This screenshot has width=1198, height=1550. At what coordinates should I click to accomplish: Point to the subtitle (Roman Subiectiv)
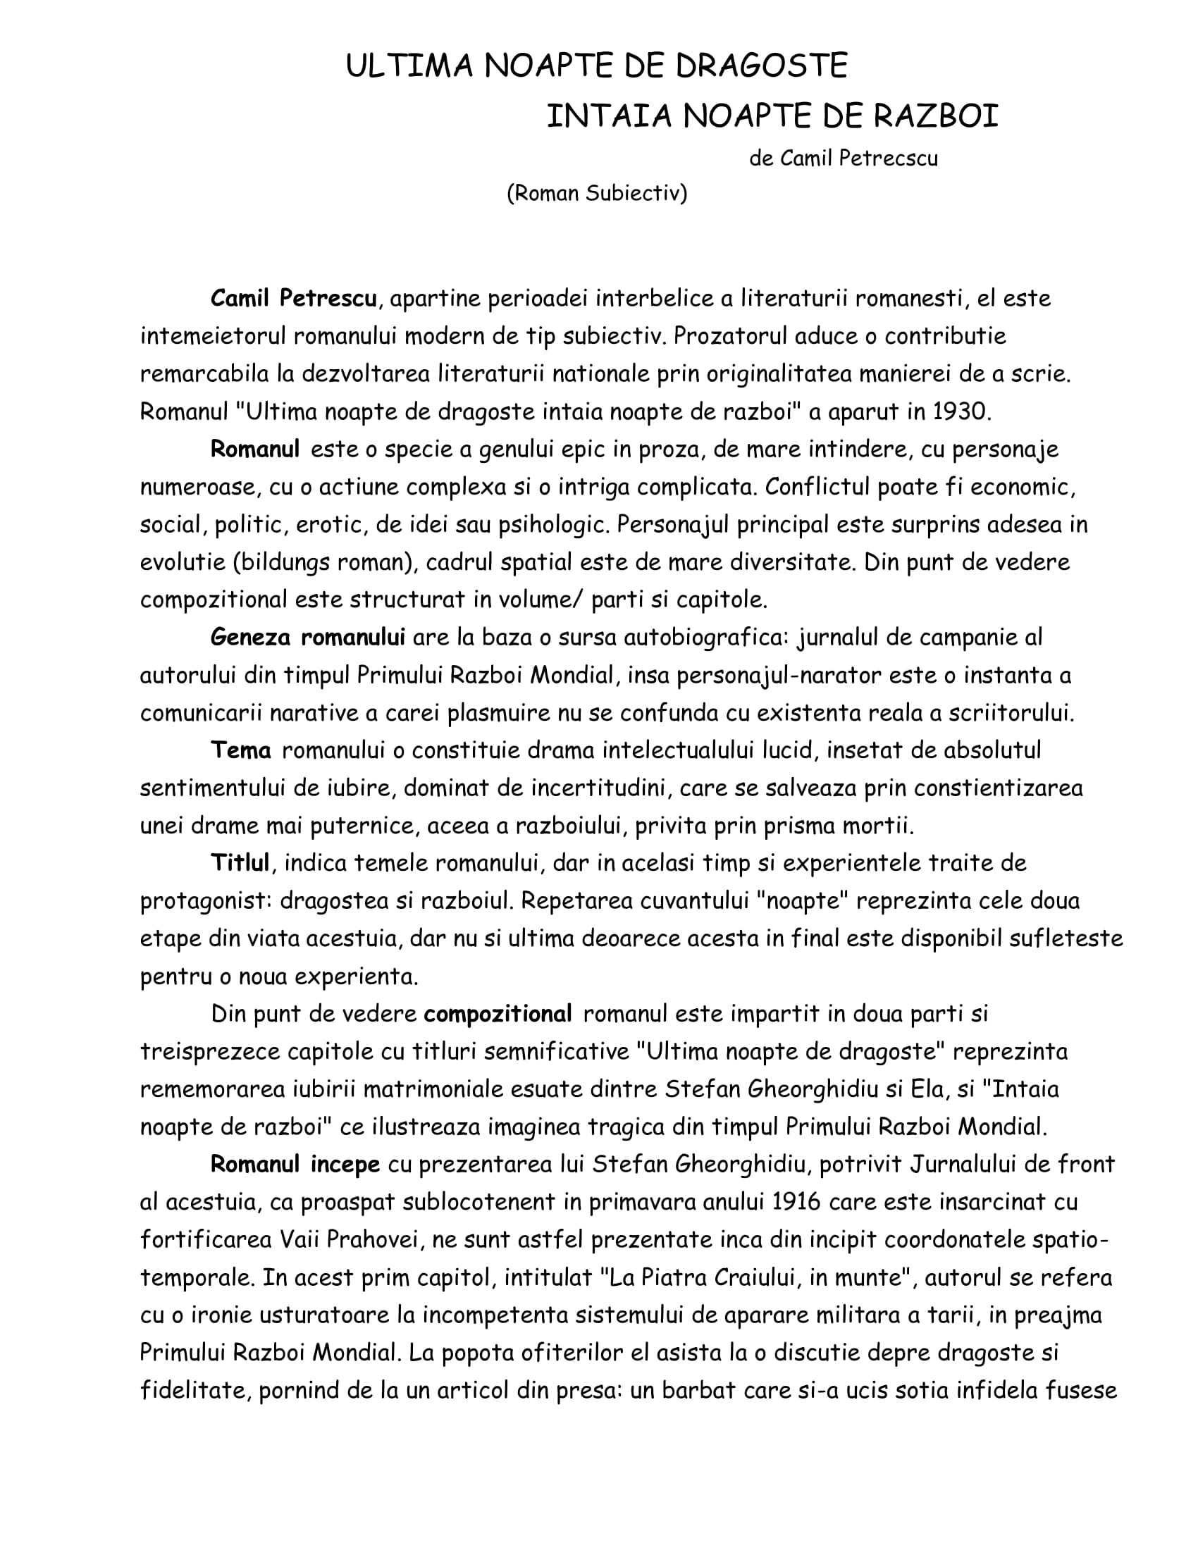597,193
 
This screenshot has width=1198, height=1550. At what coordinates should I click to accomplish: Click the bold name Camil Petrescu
293,298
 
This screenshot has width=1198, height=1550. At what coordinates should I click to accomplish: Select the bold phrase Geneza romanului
307,637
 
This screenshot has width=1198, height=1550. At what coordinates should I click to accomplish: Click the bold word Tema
240,750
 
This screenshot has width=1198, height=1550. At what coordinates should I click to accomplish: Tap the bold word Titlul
240,863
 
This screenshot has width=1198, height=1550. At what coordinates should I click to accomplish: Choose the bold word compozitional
498,1014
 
